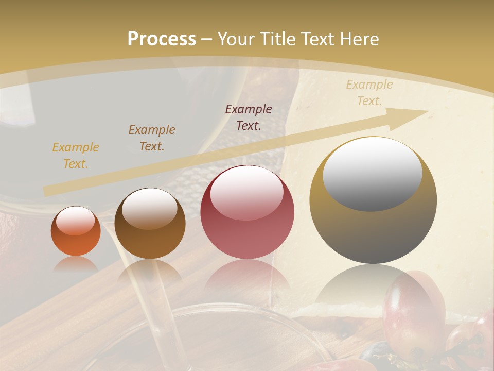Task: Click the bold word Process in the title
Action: click(x=162, y=39)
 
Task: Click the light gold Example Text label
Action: click(x=76, y=156)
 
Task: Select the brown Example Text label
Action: click(x=152, y=138)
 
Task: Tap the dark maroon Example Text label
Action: click(x=249, y=117)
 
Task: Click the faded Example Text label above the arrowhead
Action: click(x=369, y=93)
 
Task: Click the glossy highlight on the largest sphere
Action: click(x=372, y=174)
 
